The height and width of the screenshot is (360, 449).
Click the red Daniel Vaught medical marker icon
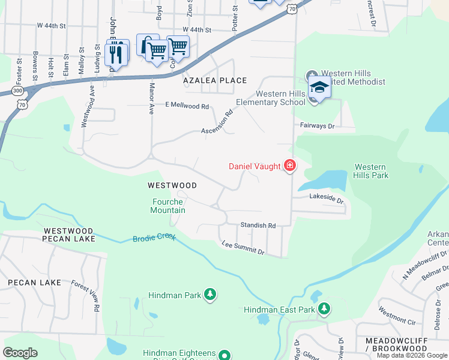click(x=290, y=166)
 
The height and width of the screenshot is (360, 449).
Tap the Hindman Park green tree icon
click(x=209, y=294)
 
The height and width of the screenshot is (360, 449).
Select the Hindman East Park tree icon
click(x=324, y=308)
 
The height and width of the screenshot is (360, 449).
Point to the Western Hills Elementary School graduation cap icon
click(x=319, y=89)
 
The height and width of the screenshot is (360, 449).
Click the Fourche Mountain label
click(x=167, y=206)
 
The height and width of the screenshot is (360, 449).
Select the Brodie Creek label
click(x=154, y=238)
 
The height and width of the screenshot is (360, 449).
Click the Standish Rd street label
click(x=258, y=226)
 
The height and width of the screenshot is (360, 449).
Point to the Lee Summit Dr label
click(x=243, y=248)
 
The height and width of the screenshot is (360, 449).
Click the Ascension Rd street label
click(x=217, y=122)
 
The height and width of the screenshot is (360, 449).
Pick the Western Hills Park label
click(x=372, y=171)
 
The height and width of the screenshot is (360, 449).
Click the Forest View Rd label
click(x=85, y=295)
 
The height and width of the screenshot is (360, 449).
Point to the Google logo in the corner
click(x=20, y=353)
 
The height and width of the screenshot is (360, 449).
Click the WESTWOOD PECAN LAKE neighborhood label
click(x=68, y=235)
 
